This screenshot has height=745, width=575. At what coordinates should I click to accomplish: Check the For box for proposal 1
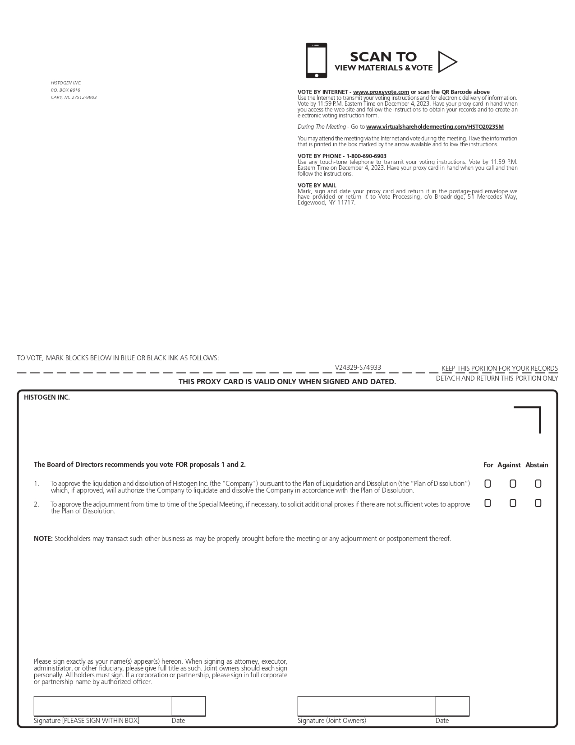click(488, 484)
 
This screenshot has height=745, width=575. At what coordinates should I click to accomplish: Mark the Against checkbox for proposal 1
click(513, 484)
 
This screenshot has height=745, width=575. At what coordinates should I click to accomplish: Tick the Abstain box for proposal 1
click(538, 484)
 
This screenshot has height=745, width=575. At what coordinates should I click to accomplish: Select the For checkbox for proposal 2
click(488, 503)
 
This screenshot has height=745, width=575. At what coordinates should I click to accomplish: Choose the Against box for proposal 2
click(513, 503)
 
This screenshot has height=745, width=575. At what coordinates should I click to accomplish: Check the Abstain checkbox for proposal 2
click(538, 503)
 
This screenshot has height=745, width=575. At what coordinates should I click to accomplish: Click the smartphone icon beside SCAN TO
click(316, 61)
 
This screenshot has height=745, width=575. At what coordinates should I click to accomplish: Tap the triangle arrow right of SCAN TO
click(447, 62)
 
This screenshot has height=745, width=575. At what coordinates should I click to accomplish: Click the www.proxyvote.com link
click(381, 92)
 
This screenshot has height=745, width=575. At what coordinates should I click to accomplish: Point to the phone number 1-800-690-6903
click(366, 156)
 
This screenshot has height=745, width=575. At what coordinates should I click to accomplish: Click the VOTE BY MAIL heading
click(317, 186)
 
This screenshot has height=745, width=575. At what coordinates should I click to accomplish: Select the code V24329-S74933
click(358, 368)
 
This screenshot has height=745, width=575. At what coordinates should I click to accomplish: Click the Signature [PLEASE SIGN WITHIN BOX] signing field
click(103, 706)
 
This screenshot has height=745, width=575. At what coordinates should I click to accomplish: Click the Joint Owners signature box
click(367, 706)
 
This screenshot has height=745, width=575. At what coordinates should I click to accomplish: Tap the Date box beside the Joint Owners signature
click(452, 706)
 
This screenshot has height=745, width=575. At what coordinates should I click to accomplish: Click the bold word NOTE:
click(43, 539)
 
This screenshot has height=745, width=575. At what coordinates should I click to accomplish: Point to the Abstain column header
click(537, 465)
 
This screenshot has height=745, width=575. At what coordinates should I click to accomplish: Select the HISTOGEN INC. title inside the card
click(47, 397)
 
